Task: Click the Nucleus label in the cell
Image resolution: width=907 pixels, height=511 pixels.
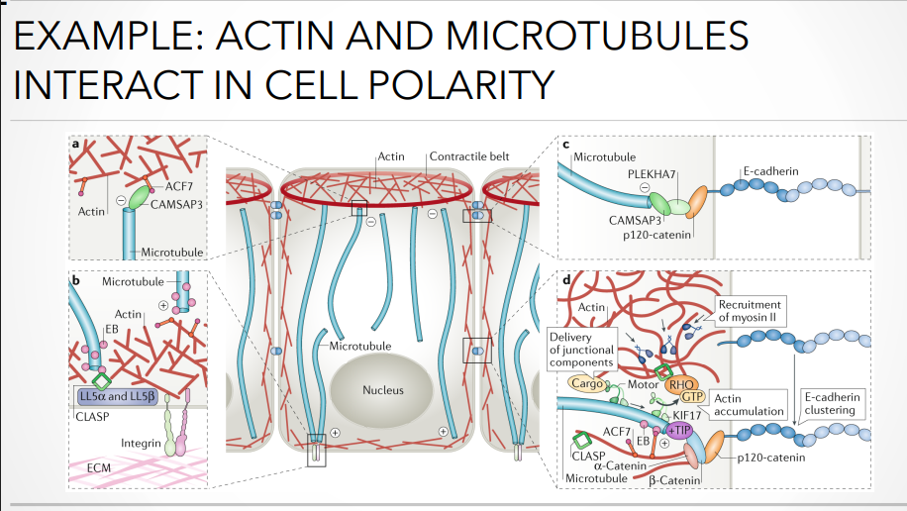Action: coord(383,390)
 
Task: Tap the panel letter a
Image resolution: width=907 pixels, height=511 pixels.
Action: coord(76,144)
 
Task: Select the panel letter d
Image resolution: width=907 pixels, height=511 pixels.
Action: coord(565,280)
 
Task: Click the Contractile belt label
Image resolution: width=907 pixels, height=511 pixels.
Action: coord(470,157)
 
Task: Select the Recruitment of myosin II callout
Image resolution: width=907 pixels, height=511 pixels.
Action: coord(750,310)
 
